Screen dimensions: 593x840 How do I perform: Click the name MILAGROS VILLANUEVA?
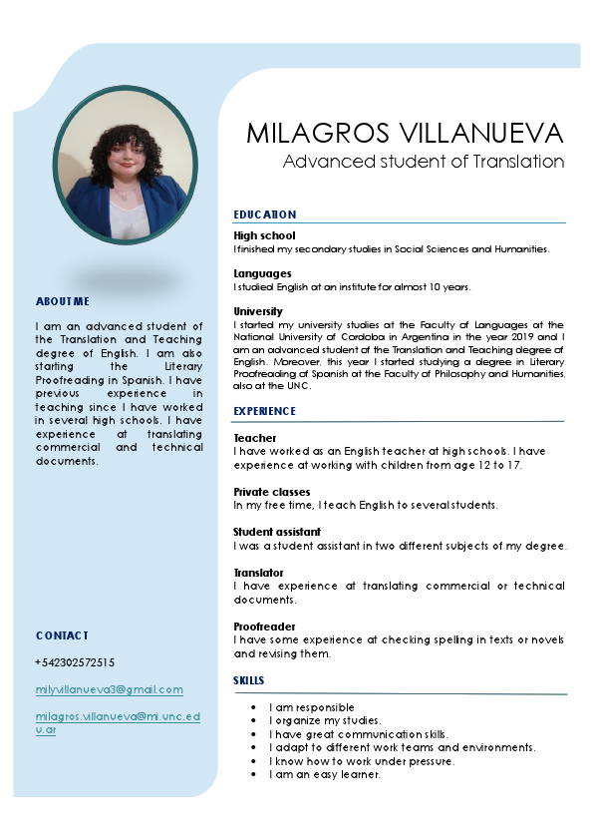point(405,133)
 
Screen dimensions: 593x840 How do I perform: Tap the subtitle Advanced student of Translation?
point(424,162)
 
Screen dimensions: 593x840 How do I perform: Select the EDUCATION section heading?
point(265,214)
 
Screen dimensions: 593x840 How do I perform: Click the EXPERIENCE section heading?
point(265,411)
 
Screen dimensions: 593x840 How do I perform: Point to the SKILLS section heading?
point(249,680)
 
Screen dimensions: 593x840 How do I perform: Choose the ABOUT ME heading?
point(63,301)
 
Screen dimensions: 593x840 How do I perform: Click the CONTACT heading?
point(62,635)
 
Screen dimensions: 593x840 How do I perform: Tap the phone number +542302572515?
point(75,662)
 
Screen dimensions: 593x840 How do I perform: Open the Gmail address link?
point(110,689)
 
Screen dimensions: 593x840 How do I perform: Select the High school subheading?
point(264,235)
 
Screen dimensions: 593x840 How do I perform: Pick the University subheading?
point(258,311)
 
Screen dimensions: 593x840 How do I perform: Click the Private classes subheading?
point(271,492)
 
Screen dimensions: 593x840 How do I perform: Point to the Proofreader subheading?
point(265,627)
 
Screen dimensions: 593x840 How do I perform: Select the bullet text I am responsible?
point(312,707)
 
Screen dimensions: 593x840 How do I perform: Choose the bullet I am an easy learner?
point(324,774)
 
